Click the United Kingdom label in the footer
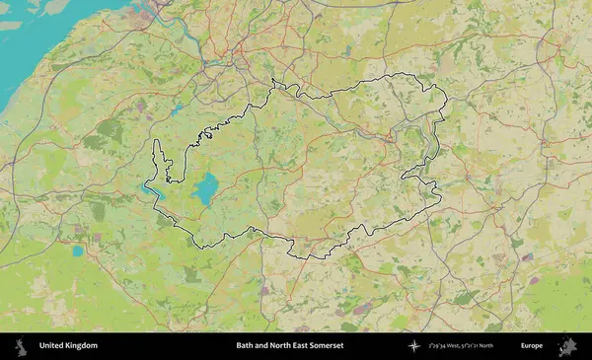(68, 346)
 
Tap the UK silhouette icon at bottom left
(20, 346)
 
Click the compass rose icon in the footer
(414, 346)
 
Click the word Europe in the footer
(532, 346)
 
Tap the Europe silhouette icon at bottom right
(568, 346)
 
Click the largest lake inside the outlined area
(205, 188)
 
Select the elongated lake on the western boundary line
(155, 187)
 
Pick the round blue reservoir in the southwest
(77, 251)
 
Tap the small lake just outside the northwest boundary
(176, 110)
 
